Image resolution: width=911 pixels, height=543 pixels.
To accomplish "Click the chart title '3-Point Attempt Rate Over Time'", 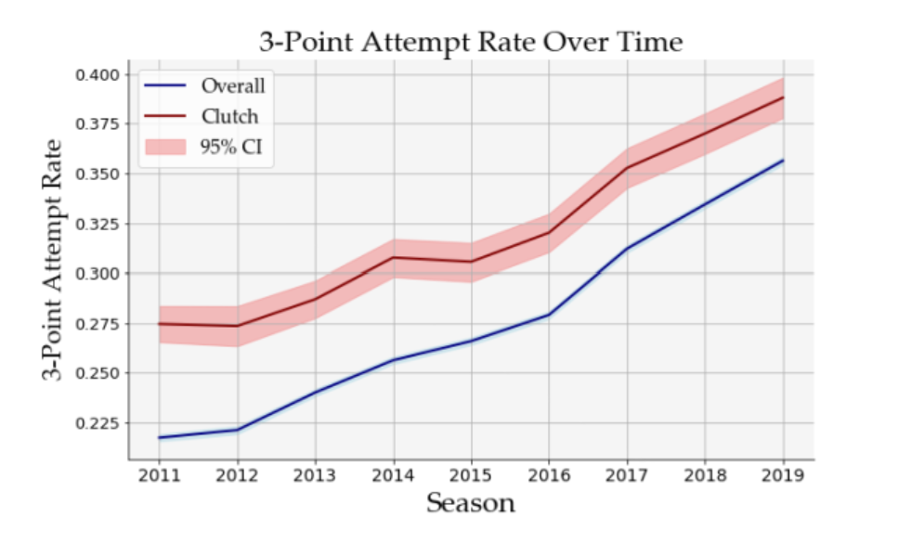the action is click(x=471, y=43).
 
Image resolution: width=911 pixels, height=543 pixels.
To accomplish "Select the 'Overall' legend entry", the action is click(x=204, y=86).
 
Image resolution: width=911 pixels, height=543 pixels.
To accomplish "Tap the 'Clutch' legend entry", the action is click(x=201, y=116).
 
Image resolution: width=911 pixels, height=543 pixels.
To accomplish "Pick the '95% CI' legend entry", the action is click(x=203, y=147).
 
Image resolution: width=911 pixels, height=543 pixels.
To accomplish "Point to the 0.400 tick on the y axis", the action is click(x=98, y=75).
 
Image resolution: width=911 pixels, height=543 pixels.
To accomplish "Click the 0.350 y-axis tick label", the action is click(x=98, y=175).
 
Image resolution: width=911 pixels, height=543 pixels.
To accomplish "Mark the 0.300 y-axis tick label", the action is click(x=98, y=274).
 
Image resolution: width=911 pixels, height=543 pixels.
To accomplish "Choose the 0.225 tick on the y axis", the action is click(x=98, y=423).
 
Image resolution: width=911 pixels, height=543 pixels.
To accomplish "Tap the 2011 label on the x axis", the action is click(x=159, y=475).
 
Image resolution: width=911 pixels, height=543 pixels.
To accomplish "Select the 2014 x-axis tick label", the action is click(x=394, y=475).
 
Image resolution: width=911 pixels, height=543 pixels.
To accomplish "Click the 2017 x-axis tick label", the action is click(x=627, y=475).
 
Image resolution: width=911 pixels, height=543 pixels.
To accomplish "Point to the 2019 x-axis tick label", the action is click(x=783, y=475).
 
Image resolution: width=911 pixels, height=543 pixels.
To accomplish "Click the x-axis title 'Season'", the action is click(x=471, y=503).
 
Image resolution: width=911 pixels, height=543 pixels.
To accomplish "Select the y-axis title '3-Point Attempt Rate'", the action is click(x=52, y=260).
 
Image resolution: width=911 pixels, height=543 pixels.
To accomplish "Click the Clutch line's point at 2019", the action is click(x=783, y=97).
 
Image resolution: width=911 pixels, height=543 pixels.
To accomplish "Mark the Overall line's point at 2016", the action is click(x=549, y=315).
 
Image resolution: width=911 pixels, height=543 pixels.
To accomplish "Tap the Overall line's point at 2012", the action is click(x=237, y=430).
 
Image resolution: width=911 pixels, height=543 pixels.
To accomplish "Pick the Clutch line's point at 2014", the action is click(x=395, y=257).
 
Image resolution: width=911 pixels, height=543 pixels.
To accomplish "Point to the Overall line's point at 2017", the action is click(x=627, y=249).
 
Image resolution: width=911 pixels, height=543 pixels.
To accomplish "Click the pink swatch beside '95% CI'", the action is click(x=165, y=147).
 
